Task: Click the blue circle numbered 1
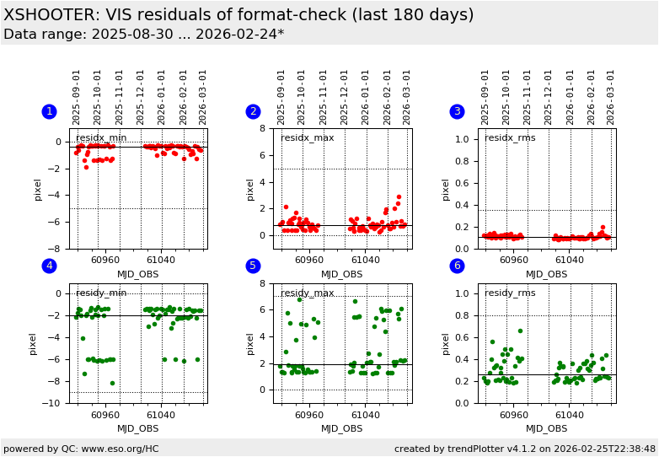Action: pos(49,111)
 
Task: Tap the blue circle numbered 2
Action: pos(253,111)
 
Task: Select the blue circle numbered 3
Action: pos(457,111)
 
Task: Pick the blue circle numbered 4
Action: pos(49,266)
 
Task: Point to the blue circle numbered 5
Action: pos(253,266)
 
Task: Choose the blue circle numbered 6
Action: pos(457,266)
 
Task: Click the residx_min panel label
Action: pos(101,138)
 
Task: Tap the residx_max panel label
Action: pos(307,138)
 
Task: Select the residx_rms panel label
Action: pos(510,138)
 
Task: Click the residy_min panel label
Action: pos(101,293)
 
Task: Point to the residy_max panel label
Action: pos(307,293)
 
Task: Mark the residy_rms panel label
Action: pos(510,293)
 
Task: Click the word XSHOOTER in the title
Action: pos(48,15)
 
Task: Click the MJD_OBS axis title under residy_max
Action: pos(342,428)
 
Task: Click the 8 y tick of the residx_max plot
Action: pos(262,128)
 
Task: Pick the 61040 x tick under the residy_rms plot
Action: pos(569,415)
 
